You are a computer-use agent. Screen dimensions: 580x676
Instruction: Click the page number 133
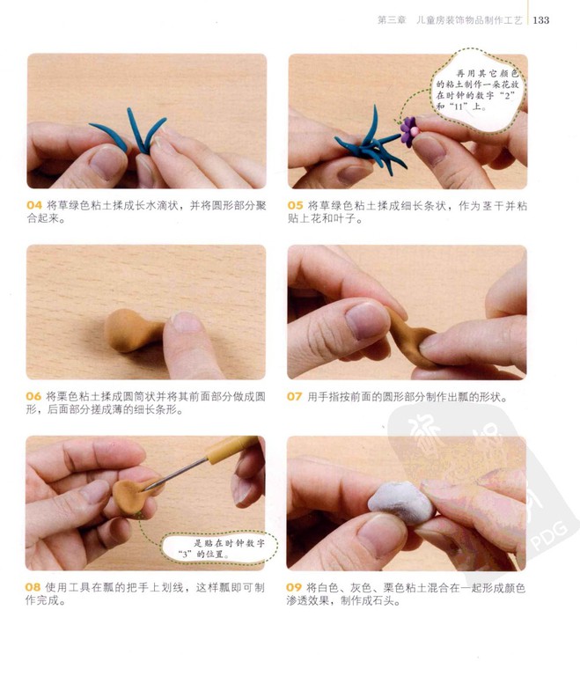coord(540,20)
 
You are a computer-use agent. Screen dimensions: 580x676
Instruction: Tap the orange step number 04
coord(34,205)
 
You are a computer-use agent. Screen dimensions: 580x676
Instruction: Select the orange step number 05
coord(296,206)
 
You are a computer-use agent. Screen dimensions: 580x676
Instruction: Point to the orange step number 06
coord(33,396)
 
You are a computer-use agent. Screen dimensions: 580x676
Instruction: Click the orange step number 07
coord(295,396)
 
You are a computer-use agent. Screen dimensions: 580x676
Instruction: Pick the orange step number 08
coord(33,587)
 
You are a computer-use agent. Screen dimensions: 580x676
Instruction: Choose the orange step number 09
coord(294,587)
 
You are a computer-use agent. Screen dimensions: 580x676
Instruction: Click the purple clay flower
coord(408,131)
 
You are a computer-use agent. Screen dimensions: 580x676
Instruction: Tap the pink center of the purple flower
coord(415,130)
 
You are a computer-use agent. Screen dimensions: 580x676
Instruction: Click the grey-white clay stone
coord(401,503)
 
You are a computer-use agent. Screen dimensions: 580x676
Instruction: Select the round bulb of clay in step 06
coord(124,331)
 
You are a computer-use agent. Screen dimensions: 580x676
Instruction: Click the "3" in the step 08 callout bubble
coord(186,554)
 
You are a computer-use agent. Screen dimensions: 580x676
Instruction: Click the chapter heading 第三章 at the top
coord(392,20)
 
